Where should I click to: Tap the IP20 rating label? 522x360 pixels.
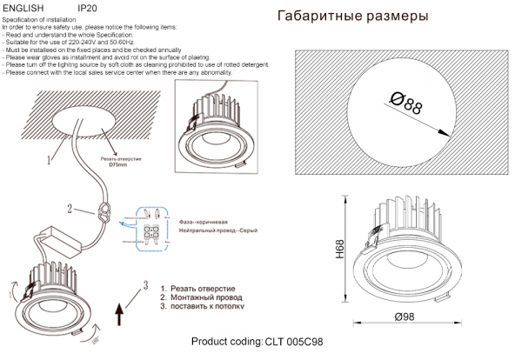(87, 7)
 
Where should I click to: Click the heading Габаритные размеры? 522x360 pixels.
(351, 17)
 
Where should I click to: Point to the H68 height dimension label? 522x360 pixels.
(341, 253)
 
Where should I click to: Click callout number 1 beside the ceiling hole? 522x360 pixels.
(50, 160)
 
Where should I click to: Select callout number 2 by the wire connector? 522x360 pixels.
(69, 209)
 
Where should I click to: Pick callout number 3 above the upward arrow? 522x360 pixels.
(146, 283)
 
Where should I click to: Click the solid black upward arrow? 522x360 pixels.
(120, 310)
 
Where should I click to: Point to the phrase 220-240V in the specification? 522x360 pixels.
(82, 42)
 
